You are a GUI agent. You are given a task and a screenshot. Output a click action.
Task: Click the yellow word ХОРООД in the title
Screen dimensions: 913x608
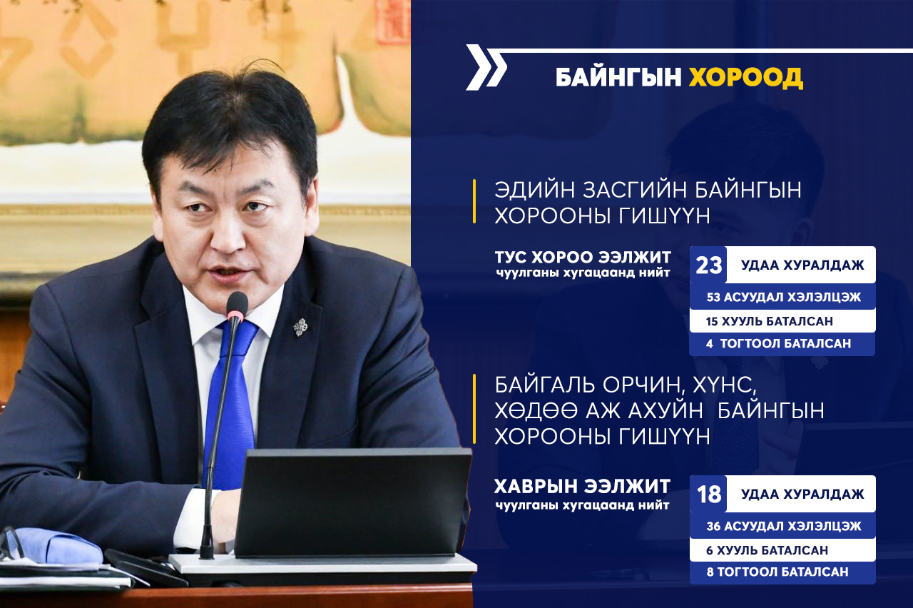(x=746, y=78)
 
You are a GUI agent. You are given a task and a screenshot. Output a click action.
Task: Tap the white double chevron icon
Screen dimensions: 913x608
(x=486, y=67)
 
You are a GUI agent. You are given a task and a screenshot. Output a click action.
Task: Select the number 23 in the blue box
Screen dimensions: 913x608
(x=708, y=265)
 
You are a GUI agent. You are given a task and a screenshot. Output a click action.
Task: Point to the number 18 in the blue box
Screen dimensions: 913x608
(x=709, y=495)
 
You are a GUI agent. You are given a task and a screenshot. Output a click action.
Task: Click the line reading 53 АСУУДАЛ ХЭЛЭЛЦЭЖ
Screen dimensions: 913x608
(x=784, y=297)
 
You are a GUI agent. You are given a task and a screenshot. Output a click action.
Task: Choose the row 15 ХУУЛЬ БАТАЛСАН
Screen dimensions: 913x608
(x=770, y=321)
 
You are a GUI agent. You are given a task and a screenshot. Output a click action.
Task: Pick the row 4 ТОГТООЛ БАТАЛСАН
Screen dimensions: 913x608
(x=778, y=343)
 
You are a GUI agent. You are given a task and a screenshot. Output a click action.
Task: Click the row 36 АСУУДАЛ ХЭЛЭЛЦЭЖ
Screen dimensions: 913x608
(x=784, y=526)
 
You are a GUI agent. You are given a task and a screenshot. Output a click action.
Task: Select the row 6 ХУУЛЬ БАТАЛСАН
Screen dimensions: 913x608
(x=767, y=550)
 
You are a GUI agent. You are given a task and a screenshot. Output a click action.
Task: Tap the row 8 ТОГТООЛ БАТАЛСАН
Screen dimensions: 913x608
(x=777, y=572)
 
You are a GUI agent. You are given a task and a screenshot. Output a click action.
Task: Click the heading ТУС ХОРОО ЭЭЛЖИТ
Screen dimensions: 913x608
(x=583, y=258)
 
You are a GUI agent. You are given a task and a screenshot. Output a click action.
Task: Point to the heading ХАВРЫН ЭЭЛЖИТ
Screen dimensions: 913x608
(x=583, y=486)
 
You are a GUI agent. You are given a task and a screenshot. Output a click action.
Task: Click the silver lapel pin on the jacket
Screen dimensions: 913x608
(x=301, y=327)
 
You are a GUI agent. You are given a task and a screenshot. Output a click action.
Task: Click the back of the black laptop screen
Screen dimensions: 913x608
(x=352, y=502)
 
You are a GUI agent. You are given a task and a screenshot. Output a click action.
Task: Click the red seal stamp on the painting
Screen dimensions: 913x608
(x=392, y=21)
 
